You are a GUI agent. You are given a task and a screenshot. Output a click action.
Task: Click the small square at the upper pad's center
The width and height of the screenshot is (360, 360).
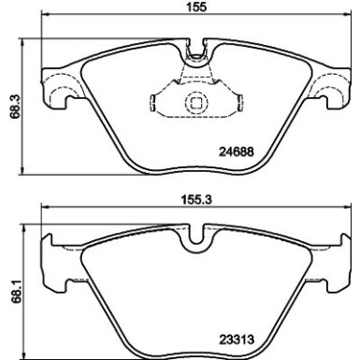tap(196, 104)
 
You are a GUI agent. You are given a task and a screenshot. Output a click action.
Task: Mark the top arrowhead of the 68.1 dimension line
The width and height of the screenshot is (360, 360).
tap(23, 223)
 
